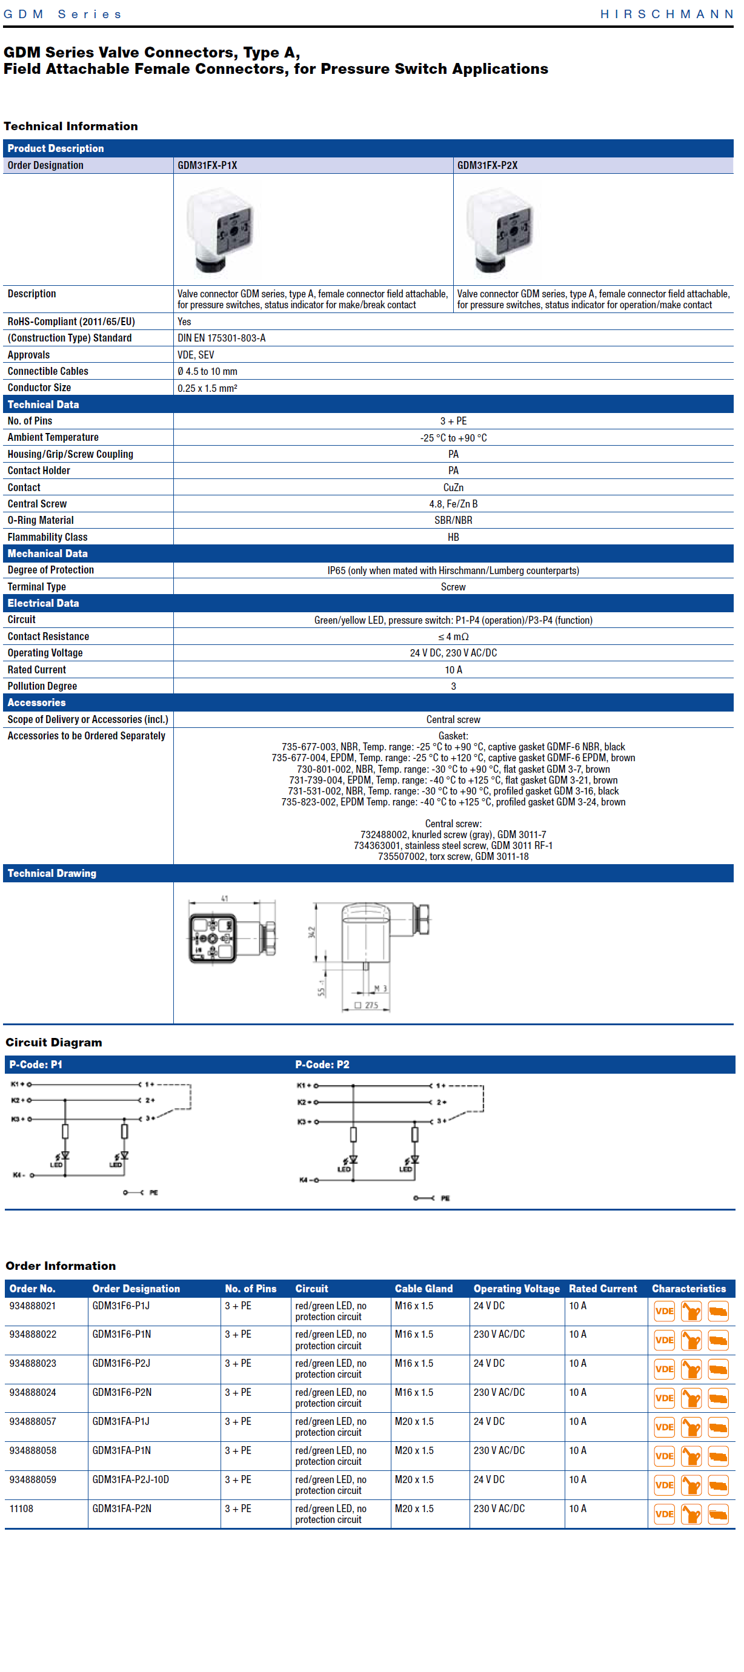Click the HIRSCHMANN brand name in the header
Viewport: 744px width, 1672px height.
coord(666,15)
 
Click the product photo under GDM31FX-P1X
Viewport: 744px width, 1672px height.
coord(219,230)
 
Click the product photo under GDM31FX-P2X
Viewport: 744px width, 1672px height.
coord(499,230)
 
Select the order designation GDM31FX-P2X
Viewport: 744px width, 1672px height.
coord(487,165)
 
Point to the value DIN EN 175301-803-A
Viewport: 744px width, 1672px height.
coord(221,338)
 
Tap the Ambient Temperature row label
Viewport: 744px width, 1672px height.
coord(53,437)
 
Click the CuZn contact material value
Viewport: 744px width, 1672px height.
coord(453,487)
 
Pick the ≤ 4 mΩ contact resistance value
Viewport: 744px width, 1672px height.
coord(453,636)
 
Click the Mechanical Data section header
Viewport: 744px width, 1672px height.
coord(47,553)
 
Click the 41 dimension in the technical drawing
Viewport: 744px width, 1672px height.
coord(225,899)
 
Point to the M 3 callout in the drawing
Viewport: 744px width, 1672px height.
coord(380,988)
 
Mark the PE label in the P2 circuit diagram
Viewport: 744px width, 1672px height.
coord(445,1198)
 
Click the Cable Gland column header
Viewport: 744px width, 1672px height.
coord(423,1289)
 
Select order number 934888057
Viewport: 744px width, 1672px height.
coord(33,1421)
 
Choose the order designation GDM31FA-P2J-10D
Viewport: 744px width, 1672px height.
coord(130,1479)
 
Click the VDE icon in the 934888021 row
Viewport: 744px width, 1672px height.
coord(664,1311)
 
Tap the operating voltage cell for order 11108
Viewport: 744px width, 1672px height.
coord(499,1508)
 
